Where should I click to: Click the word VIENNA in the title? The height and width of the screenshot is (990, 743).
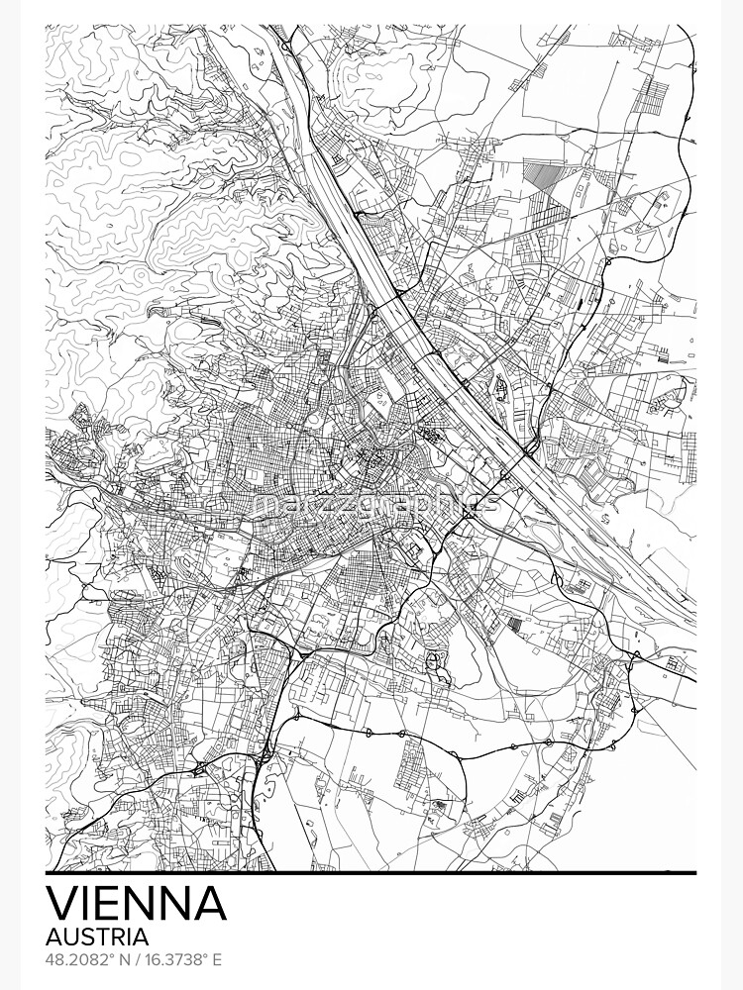click(137, 904)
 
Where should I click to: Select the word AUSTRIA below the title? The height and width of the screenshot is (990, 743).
click(98, 936)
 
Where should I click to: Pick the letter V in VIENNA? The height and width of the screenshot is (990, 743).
click(62, 904)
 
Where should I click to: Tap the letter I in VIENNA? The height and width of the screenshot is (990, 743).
click(87, 904)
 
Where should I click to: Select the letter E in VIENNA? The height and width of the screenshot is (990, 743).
click(111, 904)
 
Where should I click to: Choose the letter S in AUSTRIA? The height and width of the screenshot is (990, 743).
click(89, 936)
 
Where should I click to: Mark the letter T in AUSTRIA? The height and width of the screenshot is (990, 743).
click(103, 936)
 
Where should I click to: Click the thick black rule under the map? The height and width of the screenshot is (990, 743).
click(371, 873)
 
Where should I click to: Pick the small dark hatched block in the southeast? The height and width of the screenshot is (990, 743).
click(514, 623)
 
